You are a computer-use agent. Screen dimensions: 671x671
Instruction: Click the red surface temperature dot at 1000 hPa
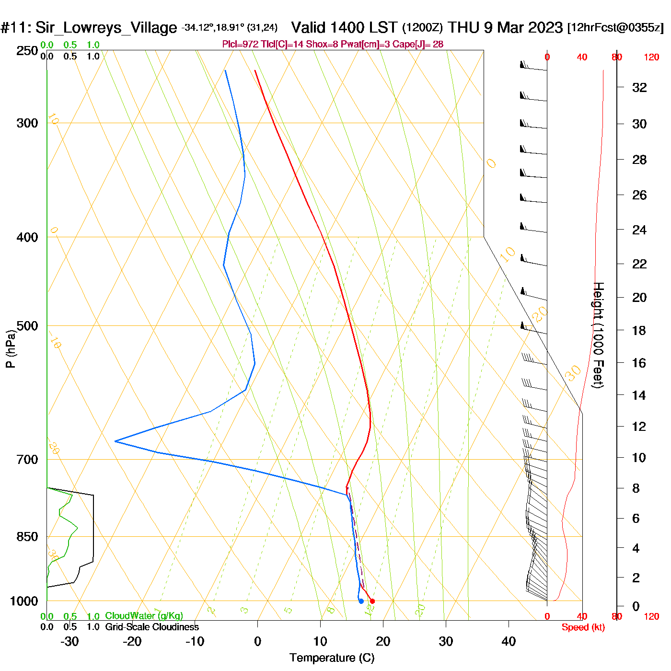click(372, 601)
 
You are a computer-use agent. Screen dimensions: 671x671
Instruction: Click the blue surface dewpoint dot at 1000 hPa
click(361, 601)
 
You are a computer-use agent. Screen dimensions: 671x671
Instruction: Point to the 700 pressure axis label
click(27, 460)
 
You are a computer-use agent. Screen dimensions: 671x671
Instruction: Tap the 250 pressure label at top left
click(27, 51)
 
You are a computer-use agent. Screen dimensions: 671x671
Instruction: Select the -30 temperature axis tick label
click(69, 641)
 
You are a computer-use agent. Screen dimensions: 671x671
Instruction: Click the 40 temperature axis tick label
click(509, 641)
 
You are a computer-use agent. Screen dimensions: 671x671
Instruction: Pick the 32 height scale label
click(639, 87)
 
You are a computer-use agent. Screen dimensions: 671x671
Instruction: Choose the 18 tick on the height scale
click(639, 330)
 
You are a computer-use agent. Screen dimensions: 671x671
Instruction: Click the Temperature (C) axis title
click(332, 658)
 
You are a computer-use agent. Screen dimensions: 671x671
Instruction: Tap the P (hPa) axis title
click(10, 349)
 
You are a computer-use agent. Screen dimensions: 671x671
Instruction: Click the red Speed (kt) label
click(583, 627)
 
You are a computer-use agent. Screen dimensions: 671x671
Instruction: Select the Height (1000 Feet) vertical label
click(599, 335)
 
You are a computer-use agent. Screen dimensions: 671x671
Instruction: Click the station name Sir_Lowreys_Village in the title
click(106, 27)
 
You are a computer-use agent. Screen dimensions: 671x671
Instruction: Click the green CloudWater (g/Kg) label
click(144, 616)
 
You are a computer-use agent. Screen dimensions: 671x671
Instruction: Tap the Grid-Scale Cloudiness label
click(152, 627)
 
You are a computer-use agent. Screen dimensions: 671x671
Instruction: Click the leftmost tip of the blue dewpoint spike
click(116, 441)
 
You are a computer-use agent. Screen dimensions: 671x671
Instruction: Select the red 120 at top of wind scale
click(651, 58)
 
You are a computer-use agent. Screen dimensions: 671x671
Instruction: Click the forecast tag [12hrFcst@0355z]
click(615, 27)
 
